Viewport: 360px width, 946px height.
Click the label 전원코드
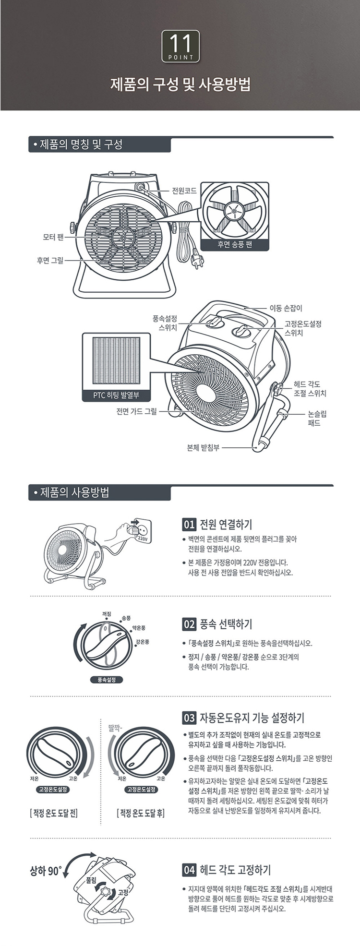point(184,191)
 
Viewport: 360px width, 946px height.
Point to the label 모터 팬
point(50,237)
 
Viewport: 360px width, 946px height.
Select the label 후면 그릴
point(50,261)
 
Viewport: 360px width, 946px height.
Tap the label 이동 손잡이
point(286,308)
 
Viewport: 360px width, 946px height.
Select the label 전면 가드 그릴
point(136,411)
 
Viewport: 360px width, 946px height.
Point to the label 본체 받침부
point(203,447)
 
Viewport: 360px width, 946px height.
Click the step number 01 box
point(189,524)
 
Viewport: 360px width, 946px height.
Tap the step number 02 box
point(189,624)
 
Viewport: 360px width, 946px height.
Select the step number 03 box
point(189,718)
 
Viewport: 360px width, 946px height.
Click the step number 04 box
point(189,869)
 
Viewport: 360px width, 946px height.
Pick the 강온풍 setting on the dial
point(143,642)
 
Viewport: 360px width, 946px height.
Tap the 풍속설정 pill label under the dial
point(107,680)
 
